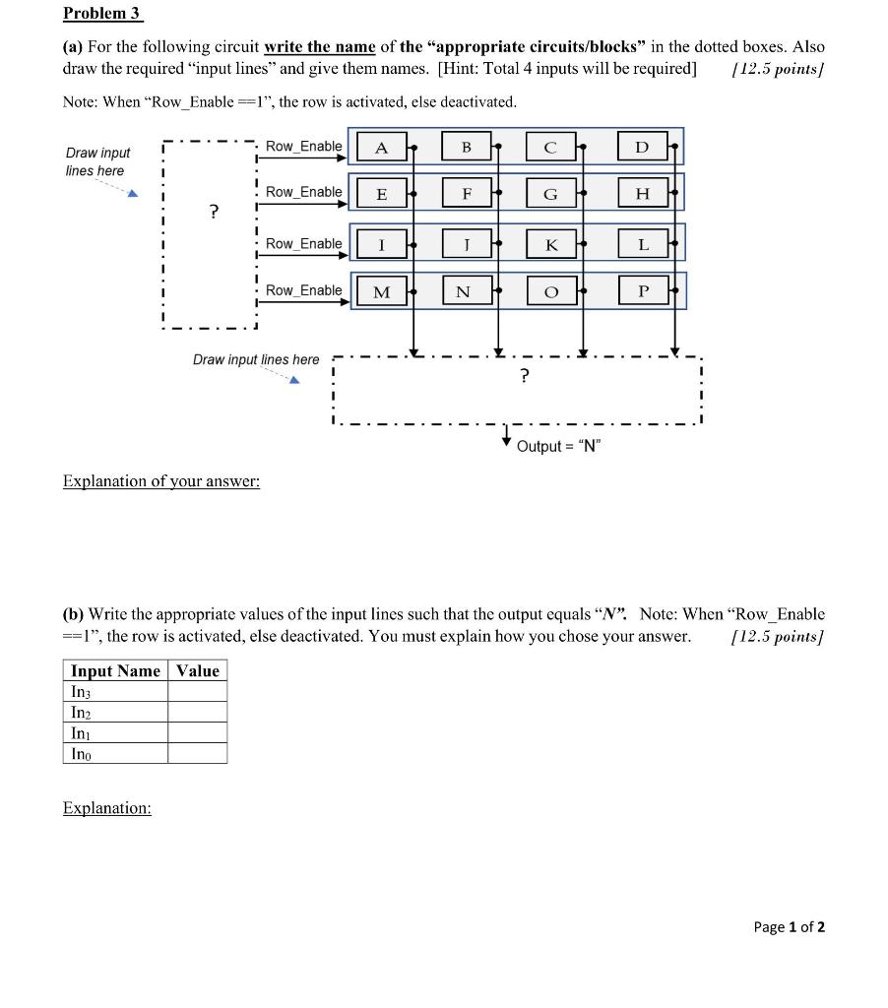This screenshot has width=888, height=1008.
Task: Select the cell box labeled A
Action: click(x=381, y=148)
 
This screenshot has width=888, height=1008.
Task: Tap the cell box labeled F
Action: click(x=467, y=194)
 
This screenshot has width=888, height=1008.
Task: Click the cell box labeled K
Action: click(x=551, y=243)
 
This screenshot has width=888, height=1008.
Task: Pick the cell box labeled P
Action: click(x=643, y=290)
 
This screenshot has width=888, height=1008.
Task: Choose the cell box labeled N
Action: click(x=463, y=291)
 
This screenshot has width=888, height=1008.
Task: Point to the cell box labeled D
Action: click(x=642, y=148)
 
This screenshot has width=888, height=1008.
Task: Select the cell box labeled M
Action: click(x=381, y=291)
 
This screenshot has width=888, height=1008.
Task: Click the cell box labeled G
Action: click(x=551, y=194)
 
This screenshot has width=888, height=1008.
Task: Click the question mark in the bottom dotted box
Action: click(x=524, y=375)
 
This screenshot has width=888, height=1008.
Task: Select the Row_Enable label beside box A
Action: click(x=304, y=146)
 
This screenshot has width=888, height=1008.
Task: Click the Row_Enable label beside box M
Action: click(x=304, y=290)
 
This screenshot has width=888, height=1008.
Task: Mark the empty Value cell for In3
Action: click(x=197, y=691)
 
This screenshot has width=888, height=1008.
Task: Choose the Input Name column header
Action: click(x=115, y=670)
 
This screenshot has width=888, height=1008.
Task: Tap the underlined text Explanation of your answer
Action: click(x=161, y=481)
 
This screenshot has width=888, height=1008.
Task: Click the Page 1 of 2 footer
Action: click(x=790, y=926)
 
